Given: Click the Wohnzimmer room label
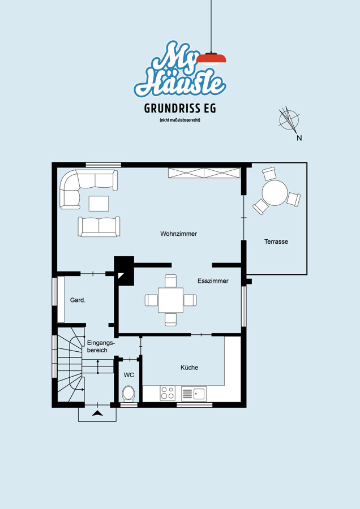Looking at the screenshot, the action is pyautogui.click(x=178, y=234).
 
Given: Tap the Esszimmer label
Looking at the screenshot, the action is pyautogui.click(x=213, y=281).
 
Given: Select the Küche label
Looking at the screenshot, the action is pyautogui.click(x=189, y=368).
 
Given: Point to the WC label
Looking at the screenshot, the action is pyautogui.click(x=128, y=375).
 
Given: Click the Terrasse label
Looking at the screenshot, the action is pyautogui.click(x=276, y=241).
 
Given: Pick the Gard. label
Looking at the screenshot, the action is pyautogui.click(x=78, y=300).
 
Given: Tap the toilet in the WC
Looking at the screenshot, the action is pyautogui.click(x=128, y=394).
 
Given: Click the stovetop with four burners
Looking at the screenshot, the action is pyautogui.click(x=168, y=393).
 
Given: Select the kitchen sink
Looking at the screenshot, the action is pyautogui.click(x=194, y=394).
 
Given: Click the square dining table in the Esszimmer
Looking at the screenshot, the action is pyautogui.click(x=170, y=300).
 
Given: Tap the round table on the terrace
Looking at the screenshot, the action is pyautogui.click(x=275, y=193).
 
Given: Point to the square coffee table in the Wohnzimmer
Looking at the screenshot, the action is pyautogui.click(x=98, y=204).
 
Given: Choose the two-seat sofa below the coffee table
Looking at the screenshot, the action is pyautogui.click(x=98, y=227).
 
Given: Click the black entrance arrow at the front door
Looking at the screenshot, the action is pyautogui.click(x=97, y=413).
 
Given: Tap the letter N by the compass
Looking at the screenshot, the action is pyautogui.click(x=299, y=138).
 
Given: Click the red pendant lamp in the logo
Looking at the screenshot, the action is pyautogui.click(x=211, y=59).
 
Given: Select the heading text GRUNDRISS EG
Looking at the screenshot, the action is pyautogui.click(x=180, y=109).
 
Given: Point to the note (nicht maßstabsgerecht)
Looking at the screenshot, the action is pyautogui.click(x=179, y=120).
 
